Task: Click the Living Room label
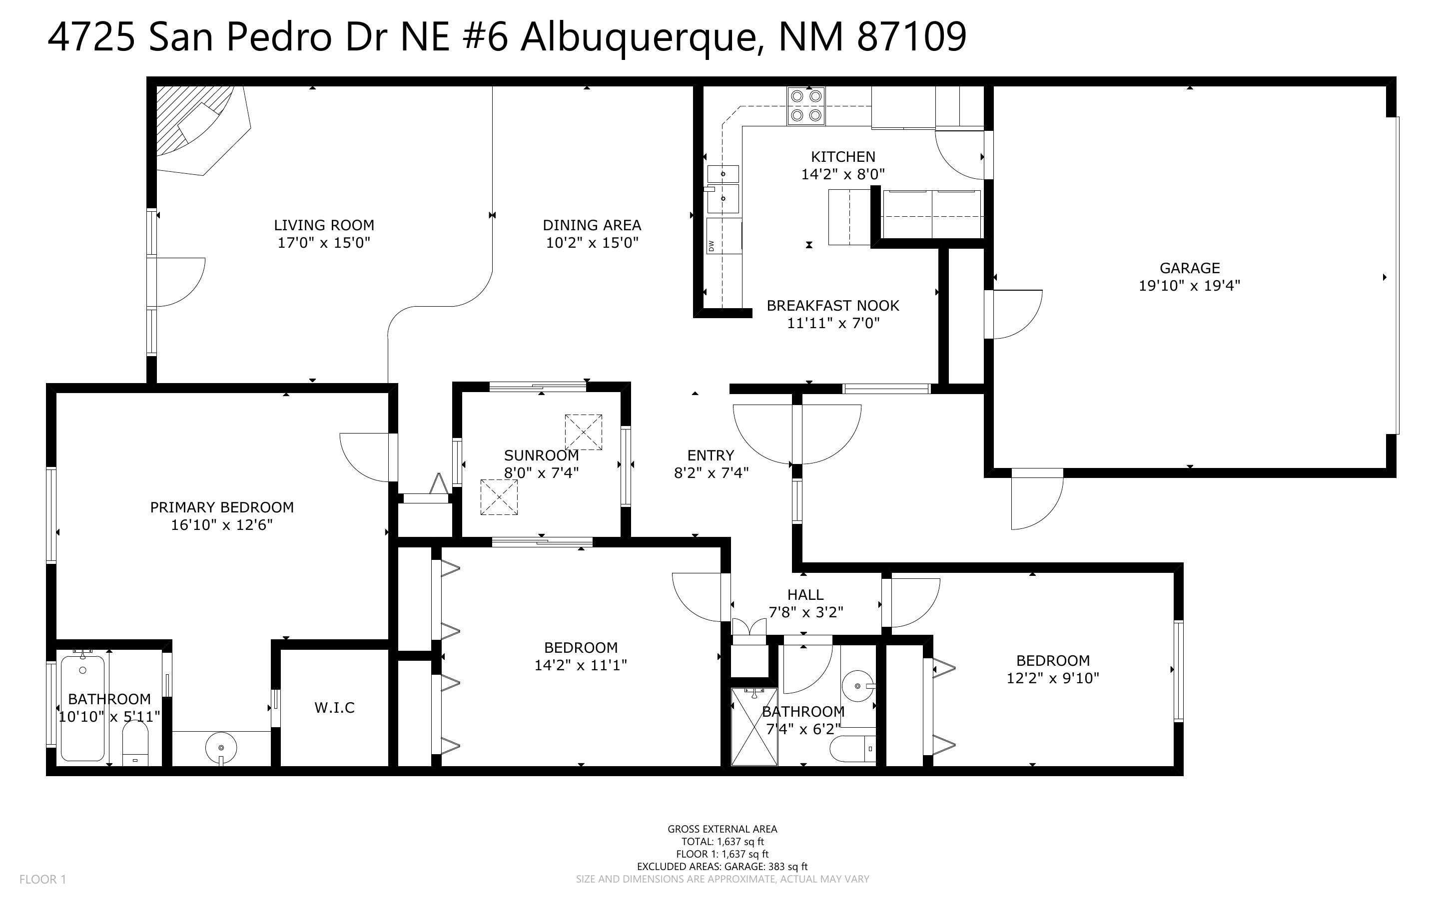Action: coord(324,225)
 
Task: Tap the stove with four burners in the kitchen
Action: coord(806,106)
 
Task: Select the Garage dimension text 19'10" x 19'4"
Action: coord(1189,286)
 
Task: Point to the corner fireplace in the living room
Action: coord(197,128)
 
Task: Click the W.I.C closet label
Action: coord(334,708)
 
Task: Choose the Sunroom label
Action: coord(541,455)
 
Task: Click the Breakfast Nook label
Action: coord(832,306)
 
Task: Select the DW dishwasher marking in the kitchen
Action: coord(711,245)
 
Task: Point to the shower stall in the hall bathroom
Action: coord(754,727)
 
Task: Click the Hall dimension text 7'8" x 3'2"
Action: coord(806,612)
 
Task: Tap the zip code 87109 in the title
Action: coord(911,37)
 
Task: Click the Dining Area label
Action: coord(591,225)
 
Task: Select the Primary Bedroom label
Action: coord(221,507)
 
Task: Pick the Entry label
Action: coord(710,455)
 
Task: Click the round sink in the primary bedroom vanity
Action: coord(221,747)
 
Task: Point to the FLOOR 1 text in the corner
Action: coord(42,879)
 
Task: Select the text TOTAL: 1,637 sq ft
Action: coord(722,842)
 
